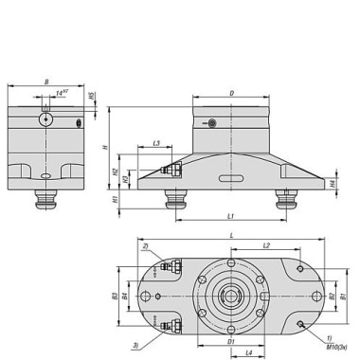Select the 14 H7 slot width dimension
pyautogui.click(x=63, y=93)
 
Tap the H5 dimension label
pyautogui.click(x=92, y=96)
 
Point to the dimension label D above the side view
pyautogui.click(x=230, y=93)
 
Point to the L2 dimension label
pyautogui.click(x=266, y=244)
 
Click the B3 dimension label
pyautogui.click(x=114, y=297)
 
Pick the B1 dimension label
pyautogui.click(x=343, y=297)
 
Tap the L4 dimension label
pyautogui.click(x=248, y=352)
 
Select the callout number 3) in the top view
pyautogui.click(x=136, y=344)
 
